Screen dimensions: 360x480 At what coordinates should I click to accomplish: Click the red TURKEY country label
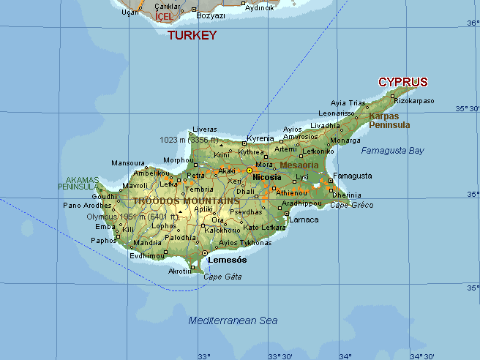(192, 34)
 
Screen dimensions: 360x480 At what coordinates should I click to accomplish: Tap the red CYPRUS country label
(402, 82)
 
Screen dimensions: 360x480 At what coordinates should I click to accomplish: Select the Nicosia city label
(266, 177)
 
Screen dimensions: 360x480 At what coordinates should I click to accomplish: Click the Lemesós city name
(227, 260)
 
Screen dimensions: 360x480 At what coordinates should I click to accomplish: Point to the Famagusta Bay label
(392, 151)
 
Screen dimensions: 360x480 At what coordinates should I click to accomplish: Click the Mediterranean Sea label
(233, 320)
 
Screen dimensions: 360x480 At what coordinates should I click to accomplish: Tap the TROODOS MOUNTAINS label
(186, 200)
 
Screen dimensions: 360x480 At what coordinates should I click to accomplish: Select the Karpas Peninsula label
(389, 121)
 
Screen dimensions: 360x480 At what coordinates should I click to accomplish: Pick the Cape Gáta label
(222, 277)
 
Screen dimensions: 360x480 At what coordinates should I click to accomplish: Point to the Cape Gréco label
(351, 205)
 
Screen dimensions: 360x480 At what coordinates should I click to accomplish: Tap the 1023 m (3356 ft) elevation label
(188, 139)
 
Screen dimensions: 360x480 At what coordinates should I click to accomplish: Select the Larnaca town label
(304, 220)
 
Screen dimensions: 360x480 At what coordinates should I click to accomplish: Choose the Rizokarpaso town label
(414, 101)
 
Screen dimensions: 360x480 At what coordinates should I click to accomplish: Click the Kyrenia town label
(260, 138)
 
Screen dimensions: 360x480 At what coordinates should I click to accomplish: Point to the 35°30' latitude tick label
(467, 109)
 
